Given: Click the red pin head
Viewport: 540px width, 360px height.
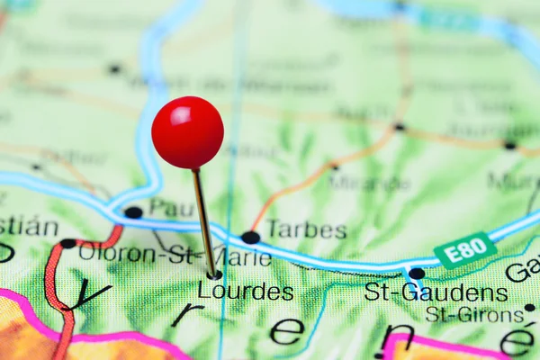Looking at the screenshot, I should (187, 132).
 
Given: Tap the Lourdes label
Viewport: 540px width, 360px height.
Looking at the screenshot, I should (245, 292).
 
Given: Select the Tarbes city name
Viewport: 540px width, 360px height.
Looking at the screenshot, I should (306, 229).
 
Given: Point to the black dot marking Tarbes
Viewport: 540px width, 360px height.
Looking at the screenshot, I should (250, 238).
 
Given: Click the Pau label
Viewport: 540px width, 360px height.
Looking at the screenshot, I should (172, 209).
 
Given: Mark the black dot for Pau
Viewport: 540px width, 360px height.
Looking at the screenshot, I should (133, 212).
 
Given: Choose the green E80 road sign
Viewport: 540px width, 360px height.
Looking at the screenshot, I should (464, 250).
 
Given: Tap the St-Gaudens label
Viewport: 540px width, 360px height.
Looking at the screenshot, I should (436, 292).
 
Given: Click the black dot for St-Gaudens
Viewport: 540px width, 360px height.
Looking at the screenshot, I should (416, 274).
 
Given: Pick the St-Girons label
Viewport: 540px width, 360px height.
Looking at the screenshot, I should (474, 315).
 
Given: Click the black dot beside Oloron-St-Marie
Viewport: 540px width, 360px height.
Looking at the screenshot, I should (67, 243).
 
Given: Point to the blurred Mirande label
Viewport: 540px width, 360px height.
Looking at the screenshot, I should (370, 182).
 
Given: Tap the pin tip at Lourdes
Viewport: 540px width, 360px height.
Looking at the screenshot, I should (215, 274).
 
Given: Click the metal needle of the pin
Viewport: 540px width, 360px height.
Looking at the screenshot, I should (203, 220).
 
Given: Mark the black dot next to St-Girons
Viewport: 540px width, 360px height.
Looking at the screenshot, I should (529, 308).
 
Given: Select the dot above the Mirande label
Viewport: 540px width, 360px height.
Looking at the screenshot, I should (335, 166).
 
